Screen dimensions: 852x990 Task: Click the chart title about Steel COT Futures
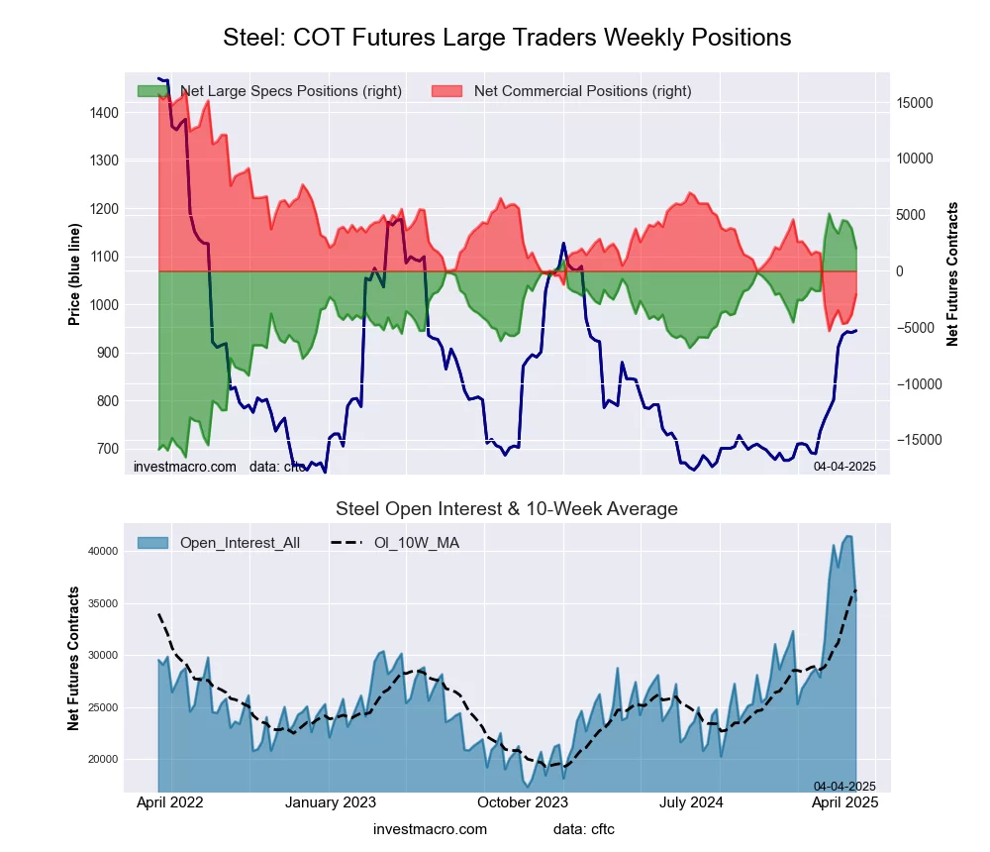[x=507, y=38]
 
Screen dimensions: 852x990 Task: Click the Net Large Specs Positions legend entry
[x=290, y=91]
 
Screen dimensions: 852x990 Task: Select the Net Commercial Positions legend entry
[x=582, y=91]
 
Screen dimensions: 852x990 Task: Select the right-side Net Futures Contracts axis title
[x=953, y=273]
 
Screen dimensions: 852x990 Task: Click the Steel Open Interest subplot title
[x=507, y=509]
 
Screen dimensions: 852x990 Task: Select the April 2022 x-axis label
[x=168, y=802]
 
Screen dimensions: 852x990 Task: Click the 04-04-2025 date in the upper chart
[x=844, y=466]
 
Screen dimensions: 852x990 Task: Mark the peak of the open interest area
[x=847, y=536]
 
